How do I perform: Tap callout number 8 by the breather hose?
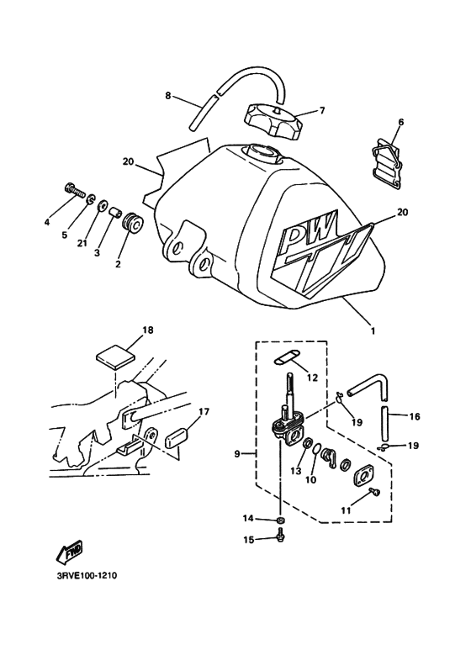tap(168, 96)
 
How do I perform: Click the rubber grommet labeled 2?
tap(133, 225)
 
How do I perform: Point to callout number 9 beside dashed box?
tap(237, 455)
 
